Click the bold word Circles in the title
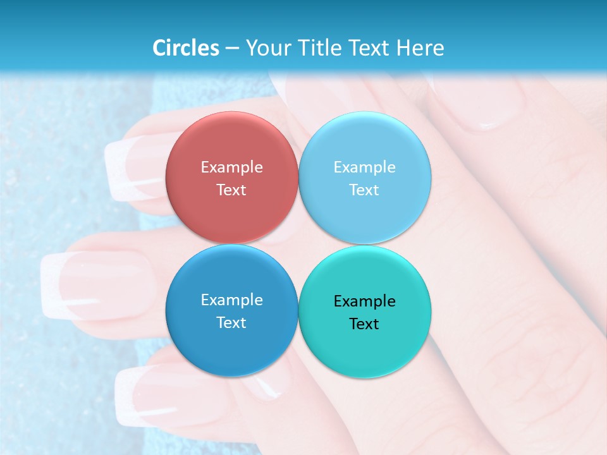(x=186, y=48)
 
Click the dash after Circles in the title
(x=232, y=49)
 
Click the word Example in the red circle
(x=231, y=167)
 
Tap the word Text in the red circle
(x=231, y=190)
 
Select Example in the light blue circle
(x=364, y=167)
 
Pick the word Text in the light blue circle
(x=364, y=190)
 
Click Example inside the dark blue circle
(x=231, y=300)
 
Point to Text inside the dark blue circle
(x=231, y=322)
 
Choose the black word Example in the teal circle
(x=364, y=301)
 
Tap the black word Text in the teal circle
(x=364, y=324)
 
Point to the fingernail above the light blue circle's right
(x=481, y=104)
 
